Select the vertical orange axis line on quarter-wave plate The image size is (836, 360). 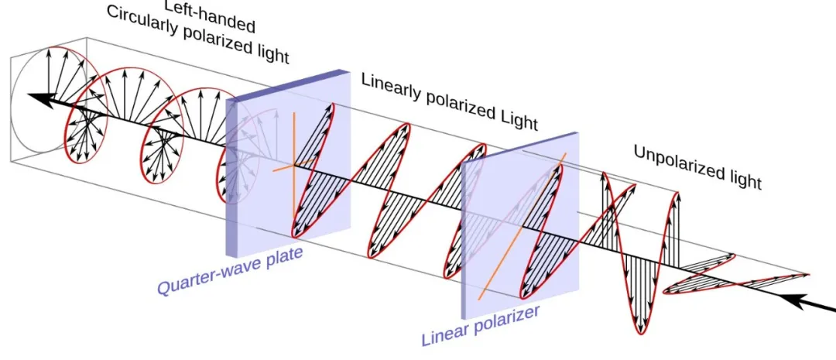294,166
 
